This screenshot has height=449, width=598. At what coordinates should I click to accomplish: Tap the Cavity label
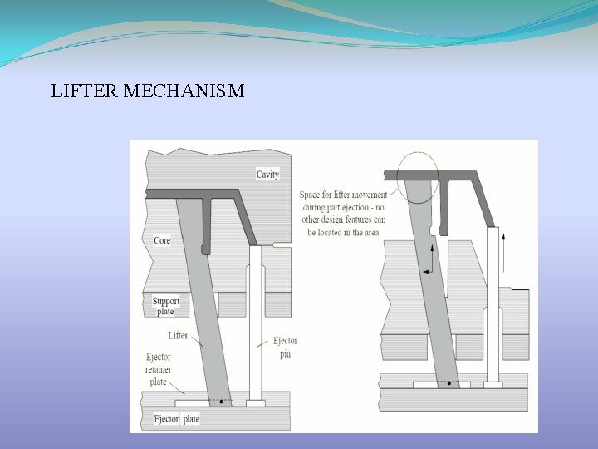(x=267, y=175)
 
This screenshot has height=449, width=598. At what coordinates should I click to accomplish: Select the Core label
(x=162, y=240)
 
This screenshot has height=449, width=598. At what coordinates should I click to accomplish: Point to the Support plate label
(x=165, y=305)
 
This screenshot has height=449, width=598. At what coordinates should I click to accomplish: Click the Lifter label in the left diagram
(x=178, y=336)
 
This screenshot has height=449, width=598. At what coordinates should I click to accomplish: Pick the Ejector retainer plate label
(x=158, y=369)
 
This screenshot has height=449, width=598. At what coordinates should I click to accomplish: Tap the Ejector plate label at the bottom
(x=176, y=419)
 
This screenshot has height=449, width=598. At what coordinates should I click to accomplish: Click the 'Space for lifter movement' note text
(x=342, y=214)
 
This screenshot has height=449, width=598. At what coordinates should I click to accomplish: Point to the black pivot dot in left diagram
(x=221, y=401)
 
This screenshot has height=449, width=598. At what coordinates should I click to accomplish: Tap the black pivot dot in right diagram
(x=449, y=383)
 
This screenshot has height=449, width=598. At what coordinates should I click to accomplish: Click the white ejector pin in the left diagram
(x=256, y=333)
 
